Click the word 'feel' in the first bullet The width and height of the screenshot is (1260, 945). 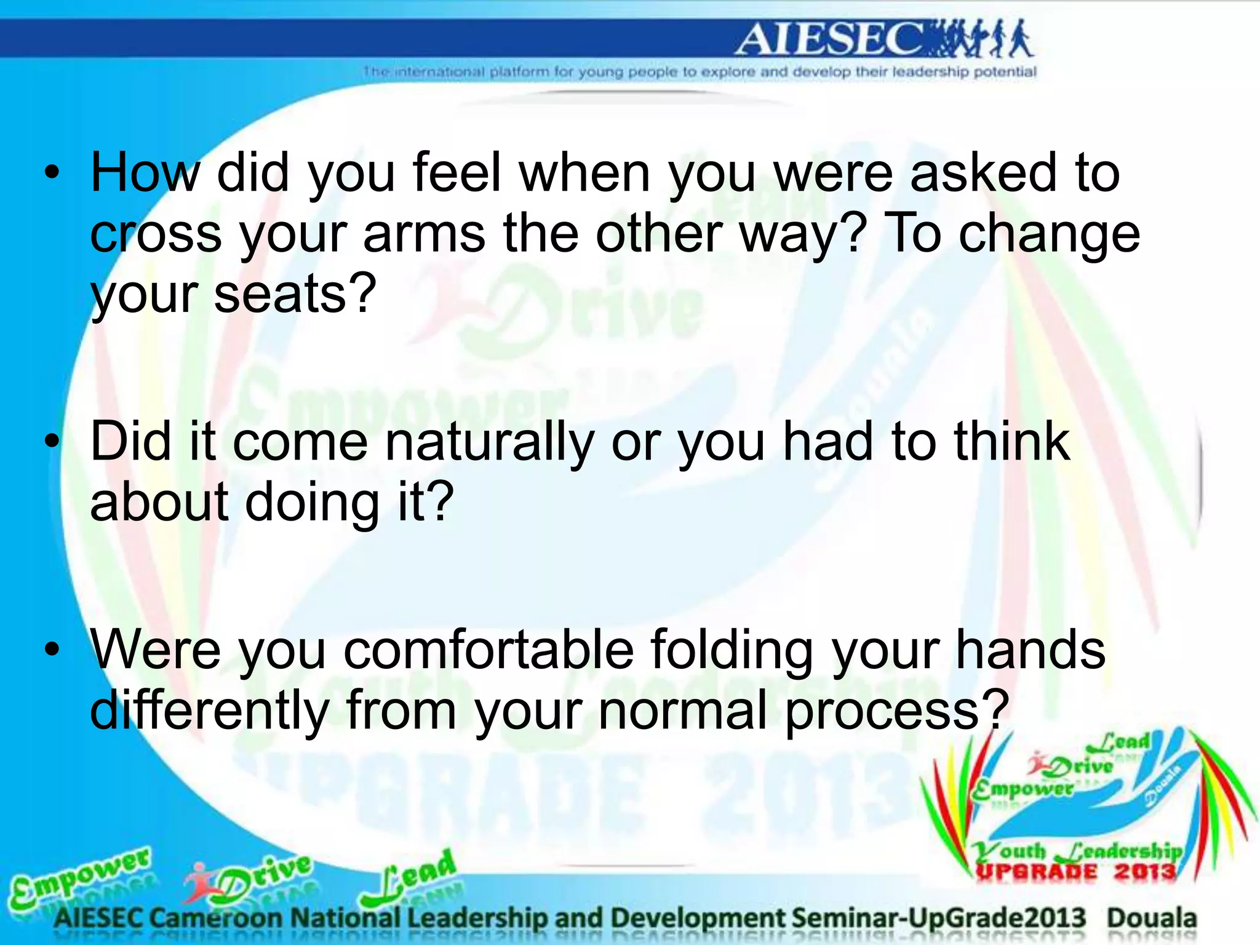(457, 173)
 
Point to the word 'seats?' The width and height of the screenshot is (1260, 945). (295, 294)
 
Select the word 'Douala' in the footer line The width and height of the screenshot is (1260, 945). (1152, 919)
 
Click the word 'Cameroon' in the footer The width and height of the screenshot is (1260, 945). (215, 919)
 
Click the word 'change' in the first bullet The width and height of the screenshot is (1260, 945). (1049, 234)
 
